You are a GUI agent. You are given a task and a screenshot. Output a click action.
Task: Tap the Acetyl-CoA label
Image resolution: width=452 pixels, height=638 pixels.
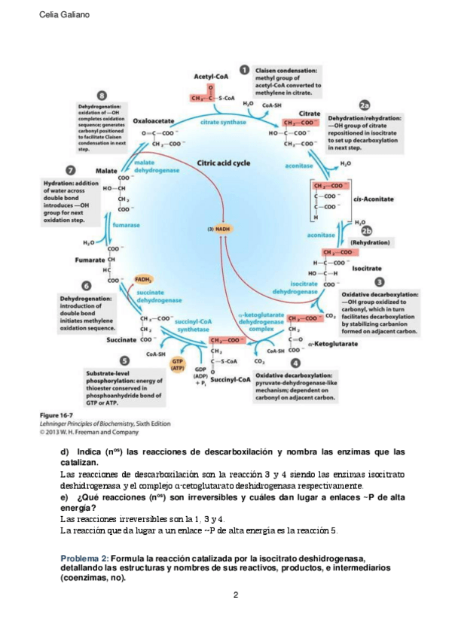pyautogui.click(x=210, y=77)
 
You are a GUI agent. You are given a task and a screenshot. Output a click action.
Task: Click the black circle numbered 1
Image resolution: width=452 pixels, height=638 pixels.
pyautogui.click(x=245, y=69)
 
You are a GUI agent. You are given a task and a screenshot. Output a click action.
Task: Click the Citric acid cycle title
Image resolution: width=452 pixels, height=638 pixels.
pyautogui.click(x=224, y=162)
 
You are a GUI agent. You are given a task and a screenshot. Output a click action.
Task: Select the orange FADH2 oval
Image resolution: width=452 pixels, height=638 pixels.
pyautogui.click(x=144, y=279)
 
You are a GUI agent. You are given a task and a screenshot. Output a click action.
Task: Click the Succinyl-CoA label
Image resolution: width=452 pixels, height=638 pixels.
pyautogui.click(x=231, y=379)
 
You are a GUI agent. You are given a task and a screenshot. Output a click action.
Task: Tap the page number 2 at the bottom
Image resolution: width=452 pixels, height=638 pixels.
pyautogui.click(x=236, y=596)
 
